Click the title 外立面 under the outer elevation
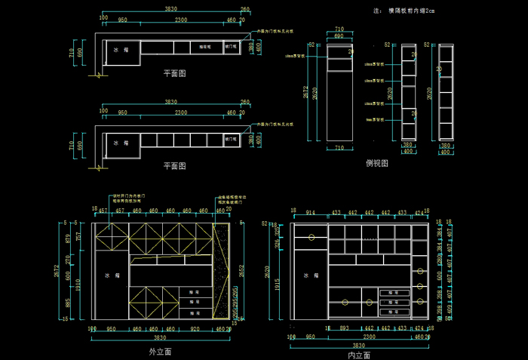pos(161,352)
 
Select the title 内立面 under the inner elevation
pos(359,354)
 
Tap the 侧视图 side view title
pos(376,162)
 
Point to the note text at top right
pos(405,11)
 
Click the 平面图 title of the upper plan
pos(174,73)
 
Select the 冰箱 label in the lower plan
pos(120,141)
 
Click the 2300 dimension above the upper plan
pos(181,20)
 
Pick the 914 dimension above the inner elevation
pos(310,213)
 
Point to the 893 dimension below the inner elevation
pos(344,328)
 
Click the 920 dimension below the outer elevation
pos(195,329)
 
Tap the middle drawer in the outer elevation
pos(194,301)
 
